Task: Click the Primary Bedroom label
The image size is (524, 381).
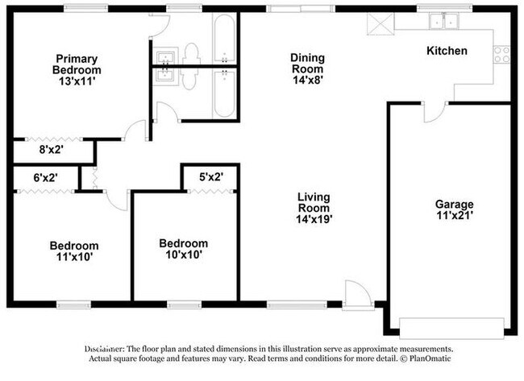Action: (77, 64)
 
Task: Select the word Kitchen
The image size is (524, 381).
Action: (447, 51)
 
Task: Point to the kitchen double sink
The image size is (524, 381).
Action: (442, 21)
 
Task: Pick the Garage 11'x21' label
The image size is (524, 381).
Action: (455, 209)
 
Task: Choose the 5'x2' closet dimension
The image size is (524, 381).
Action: (211, 176)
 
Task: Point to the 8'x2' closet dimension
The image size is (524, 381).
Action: (52, 149)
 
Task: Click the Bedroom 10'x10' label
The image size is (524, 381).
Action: (183, 248)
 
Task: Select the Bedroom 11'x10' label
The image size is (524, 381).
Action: (74, 251)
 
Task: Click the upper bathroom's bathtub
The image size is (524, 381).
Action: (223, 35)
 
